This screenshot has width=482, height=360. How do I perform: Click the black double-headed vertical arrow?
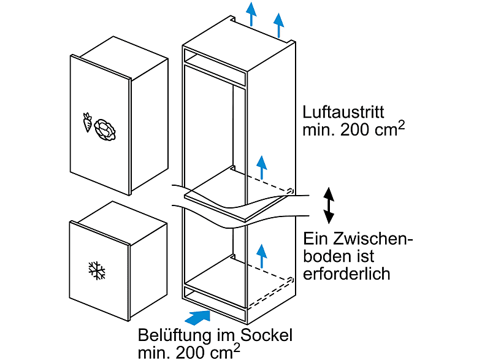[x=330, y=205]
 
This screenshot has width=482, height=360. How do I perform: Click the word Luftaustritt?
[x=343, y=113]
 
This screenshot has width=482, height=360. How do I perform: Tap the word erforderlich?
[x=346, y=274]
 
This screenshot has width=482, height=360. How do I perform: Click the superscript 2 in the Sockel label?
[x=236, y=348]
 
